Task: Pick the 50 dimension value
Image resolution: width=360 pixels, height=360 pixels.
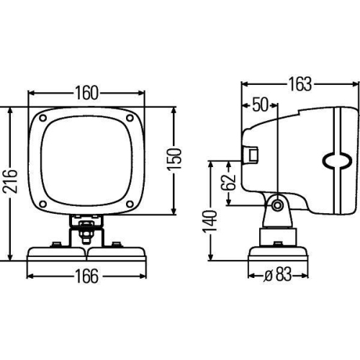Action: coord(260,105)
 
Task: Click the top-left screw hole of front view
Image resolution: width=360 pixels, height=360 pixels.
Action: coord(44,118)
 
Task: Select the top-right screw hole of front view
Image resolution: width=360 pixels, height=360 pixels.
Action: coord(130,118)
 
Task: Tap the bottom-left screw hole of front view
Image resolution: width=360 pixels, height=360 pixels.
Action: coord(44,204)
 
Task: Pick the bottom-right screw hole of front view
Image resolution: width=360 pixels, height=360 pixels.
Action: coord(130,204)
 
